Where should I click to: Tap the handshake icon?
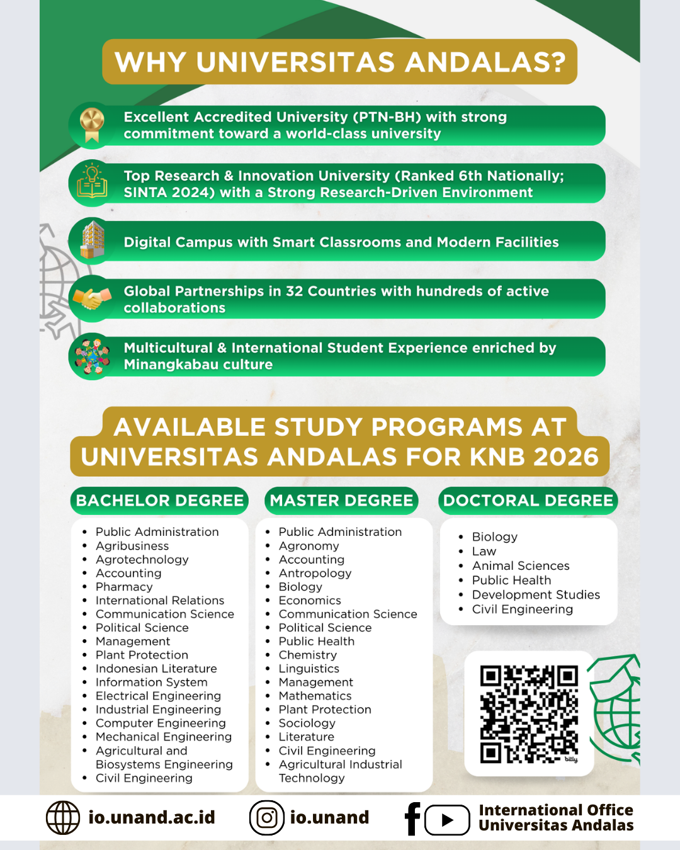92,298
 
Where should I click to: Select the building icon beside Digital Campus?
93,240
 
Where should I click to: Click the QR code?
529,714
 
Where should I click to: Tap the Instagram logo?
267,818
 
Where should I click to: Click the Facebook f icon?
412,819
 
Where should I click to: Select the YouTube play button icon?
447,820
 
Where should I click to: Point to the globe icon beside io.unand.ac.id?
63,818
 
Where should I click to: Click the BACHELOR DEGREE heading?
159,501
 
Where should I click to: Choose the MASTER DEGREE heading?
341,501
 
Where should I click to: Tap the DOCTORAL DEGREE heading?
528,501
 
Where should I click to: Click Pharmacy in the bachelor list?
124,587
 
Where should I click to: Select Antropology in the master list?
315,573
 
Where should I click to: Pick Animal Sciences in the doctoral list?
521,566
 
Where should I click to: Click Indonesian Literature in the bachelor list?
156,669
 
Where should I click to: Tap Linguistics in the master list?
309,669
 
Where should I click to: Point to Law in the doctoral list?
484,552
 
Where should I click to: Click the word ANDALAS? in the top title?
485,62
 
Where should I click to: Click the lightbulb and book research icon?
92,182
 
